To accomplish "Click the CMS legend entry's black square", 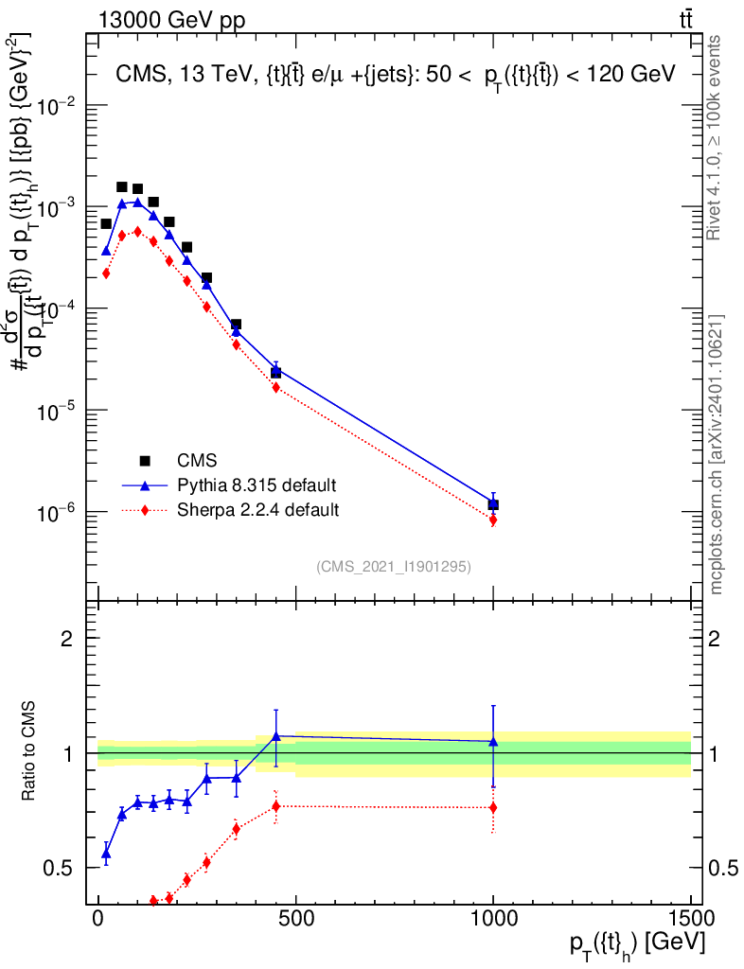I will (x=145, y=461).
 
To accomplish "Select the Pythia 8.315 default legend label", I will (x=257, y=485).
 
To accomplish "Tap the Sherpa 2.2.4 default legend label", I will (x=258, y=510).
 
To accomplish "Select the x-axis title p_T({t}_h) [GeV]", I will (x=637, y=944).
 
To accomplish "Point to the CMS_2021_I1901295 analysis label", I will (x=394, y=566).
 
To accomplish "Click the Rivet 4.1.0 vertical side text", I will (x=716, y=137).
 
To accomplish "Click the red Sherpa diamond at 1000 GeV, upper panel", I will (x=493, y=520).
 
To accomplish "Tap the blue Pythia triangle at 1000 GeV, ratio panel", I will (x=493, y=742).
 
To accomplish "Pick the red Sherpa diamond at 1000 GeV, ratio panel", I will (x=493, y=807).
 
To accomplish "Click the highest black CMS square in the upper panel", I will (x=121, y=187).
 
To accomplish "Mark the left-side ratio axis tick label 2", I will (x=67, y=639).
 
